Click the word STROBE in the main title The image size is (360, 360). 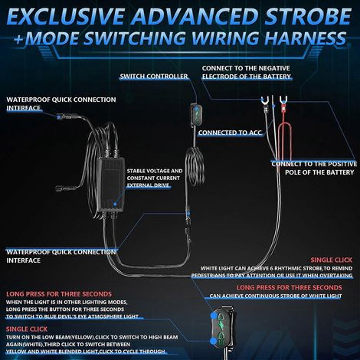point(307,16)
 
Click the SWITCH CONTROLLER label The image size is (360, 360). point(154,77)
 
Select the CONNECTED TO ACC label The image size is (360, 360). point(230,133)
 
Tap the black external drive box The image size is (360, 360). point(112,185)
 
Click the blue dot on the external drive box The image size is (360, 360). point(115,204)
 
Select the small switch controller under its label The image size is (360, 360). point(197,114)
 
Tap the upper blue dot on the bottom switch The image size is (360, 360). point(214,316)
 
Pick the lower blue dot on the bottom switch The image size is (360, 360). point(213,341)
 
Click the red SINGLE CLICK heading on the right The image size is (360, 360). point(331,260)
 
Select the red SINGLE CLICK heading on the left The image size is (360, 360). point(27,329)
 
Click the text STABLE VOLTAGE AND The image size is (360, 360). point(155,171)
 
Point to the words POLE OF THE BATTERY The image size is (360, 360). point(319,172)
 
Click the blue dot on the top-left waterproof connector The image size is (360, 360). point(59,117)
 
